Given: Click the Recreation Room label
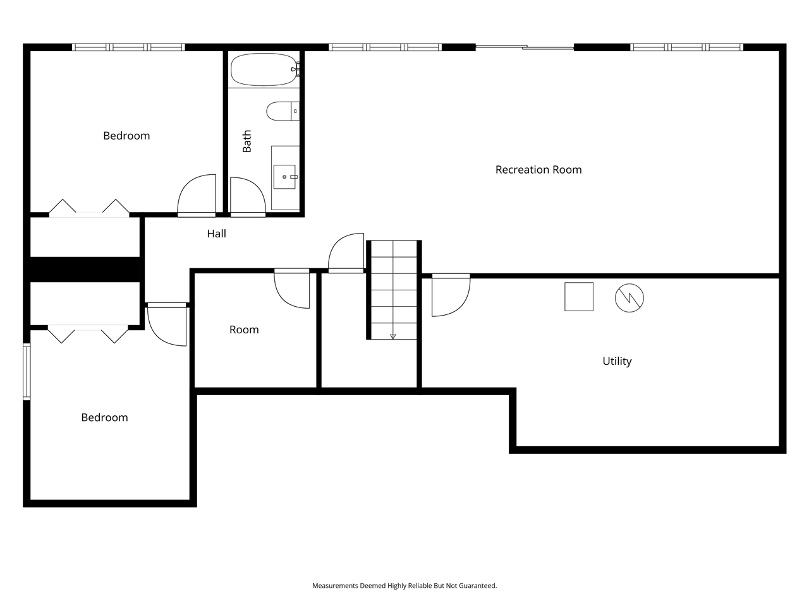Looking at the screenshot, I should coord(538,169).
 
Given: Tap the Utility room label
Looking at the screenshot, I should coord(617,361).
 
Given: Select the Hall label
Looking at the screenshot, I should coord(216,234).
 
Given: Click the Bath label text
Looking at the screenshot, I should coord(247,141).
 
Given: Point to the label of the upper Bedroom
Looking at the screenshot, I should coord(126,136).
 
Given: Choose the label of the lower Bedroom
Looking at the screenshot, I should coord(104,417).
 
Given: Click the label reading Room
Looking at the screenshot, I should coord(244,330).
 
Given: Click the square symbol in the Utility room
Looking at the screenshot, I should coord(579,297).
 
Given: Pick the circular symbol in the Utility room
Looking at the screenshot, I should coord(630,297).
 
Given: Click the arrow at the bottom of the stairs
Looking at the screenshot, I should coord(393,336).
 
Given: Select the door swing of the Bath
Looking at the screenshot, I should coord(247,196).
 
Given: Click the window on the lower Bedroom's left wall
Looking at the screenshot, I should coord(27,371).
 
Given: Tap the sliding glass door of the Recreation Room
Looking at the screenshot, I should coord(525,47).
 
